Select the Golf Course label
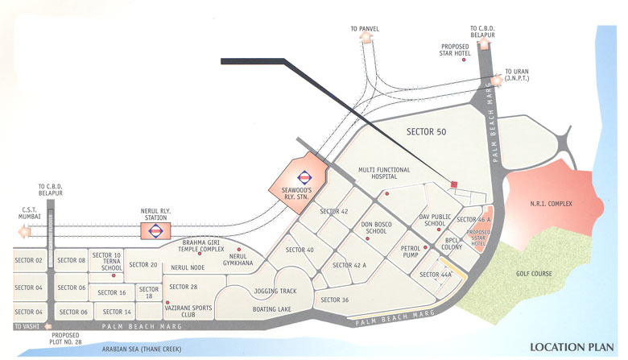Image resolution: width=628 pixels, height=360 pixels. click(x=535, y=274)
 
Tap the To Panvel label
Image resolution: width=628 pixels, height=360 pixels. click(x=365, y=29)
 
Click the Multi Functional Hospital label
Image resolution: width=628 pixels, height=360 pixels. click(x=384, y=175)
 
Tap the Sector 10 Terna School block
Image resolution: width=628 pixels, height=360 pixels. click(x=106, y=262)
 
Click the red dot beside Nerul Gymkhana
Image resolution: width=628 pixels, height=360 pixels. click(x=239, y=250)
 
